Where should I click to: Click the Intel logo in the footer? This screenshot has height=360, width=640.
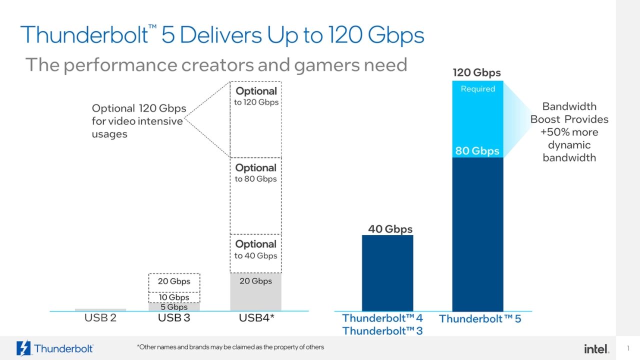coord(596,348)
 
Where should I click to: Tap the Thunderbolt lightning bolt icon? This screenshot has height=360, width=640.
coord(23,348)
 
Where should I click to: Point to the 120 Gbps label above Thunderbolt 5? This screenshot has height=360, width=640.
coord(476,72)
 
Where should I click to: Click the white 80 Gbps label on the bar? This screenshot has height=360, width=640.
coord(477,151)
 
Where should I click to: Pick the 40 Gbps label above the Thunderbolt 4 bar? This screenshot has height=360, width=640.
coord(390,229)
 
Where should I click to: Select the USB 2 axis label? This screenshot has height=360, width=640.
coord(100,318)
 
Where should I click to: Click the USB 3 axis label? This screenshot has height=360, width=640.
coord(174,318)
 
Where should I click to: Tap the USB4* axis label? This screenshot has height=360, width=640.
coord(256,318)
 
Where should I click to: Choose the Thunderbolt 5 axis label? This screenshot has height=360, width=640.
coord(480,319)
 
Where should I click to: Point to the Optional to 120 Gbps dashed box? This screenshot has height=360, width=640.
coord(255,120)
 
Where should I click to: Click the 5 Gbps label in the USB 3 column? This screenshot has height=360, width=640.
coord(174,307)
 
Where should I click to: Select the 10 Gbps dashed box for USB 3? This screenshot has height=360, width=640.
coord(174,297)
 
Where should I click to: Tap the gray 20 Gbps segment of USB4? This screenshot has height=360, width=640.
coord(255,292)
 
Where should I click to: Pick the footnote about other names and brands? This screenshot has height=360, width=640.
coord(230,347)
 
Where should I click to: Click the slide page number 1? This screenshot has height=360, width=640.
coord(628,348)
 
